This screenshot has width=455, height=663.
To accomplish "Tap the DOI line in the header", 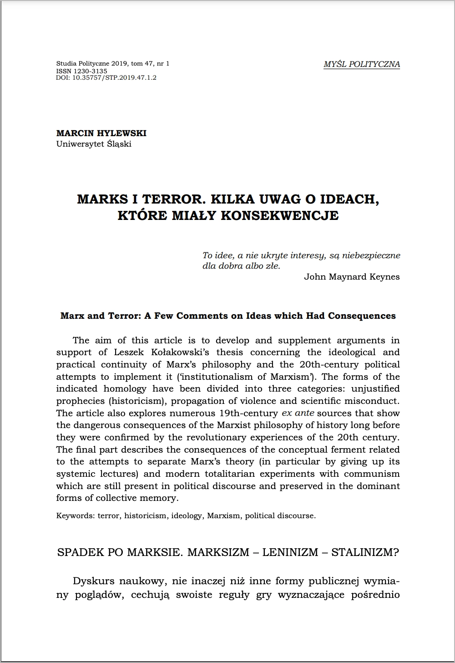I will (106, 78).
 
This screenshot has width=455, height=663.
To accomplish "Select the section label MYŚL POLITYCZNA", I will (362, 64).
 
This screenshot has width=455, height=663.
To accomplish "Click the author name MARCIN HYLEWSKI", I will (101, 133).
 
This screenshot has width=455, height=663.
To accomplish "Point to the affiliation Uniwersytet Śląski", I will (94, 144).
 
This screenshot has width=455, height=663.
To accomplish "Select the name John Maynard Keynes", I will (352, 276).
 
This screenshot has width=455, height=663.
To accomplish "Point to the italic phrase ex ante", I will (298, 413).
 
